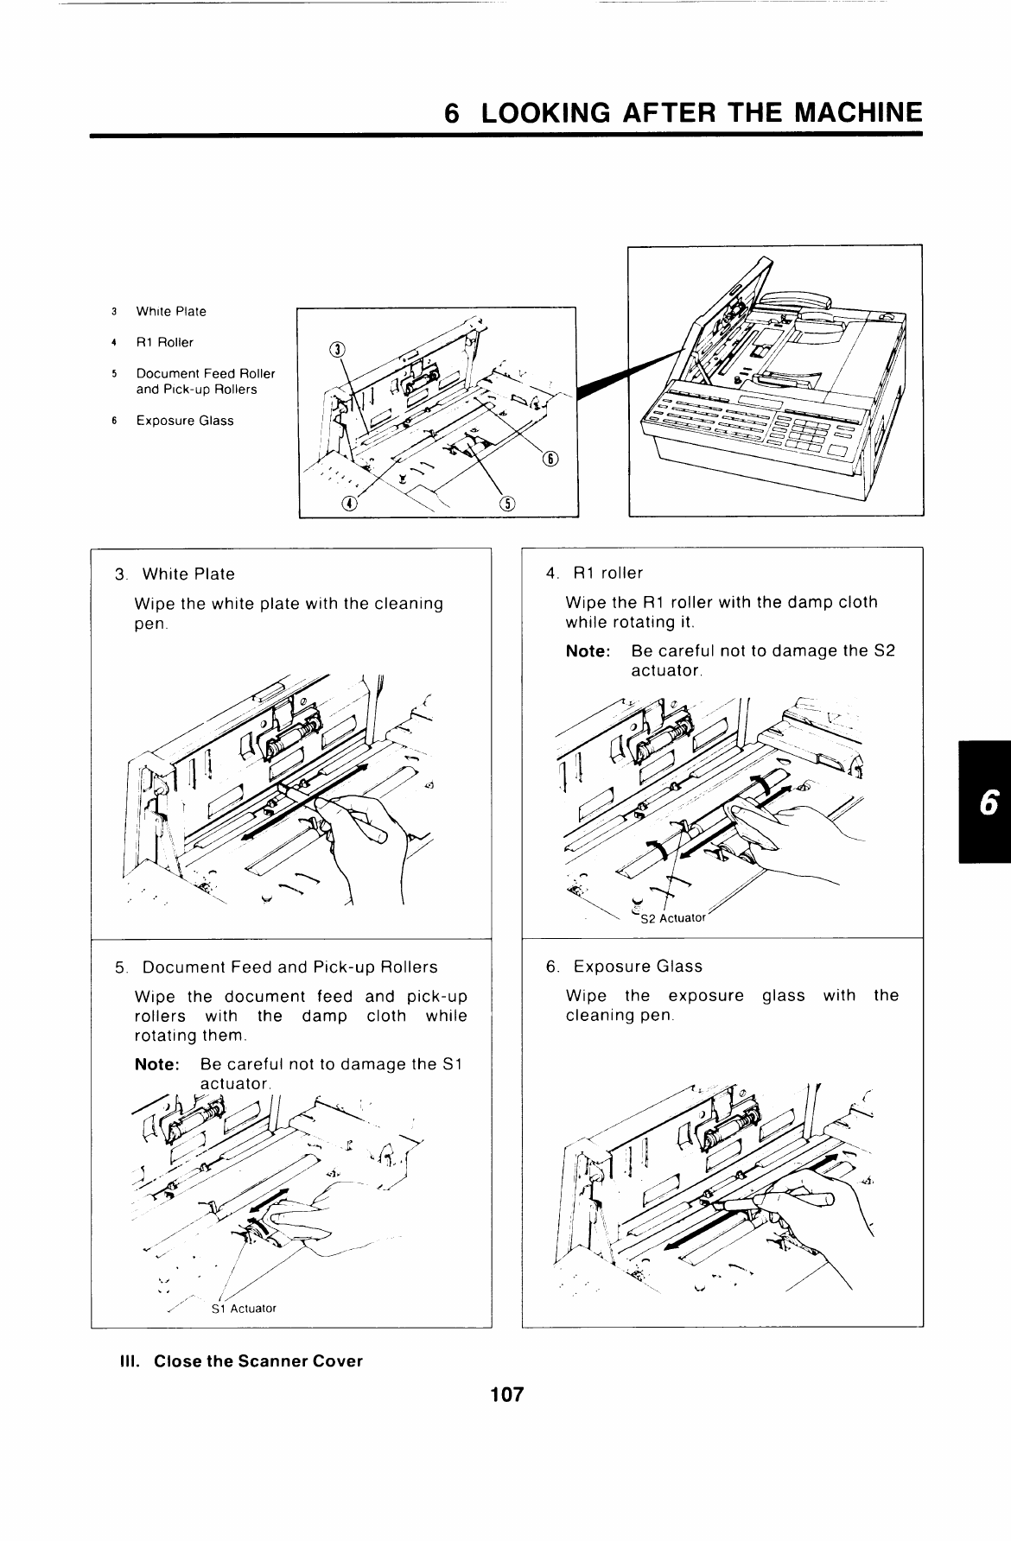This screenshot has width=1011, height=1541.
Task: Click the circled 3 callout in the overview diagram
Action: [x=338, y=350]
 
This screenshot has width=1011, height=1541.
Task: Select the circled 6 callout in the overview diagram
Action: [x=550, y=459]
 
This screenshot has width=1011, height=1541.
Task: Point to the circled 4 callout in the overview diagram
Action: [x=348, y=504]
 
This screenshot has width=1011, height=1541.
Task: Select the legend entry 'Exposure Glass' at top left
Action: [x=184, y=421]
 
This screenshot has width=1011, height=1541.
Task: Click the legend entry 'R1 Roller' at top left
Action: [x=164, y=342]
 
